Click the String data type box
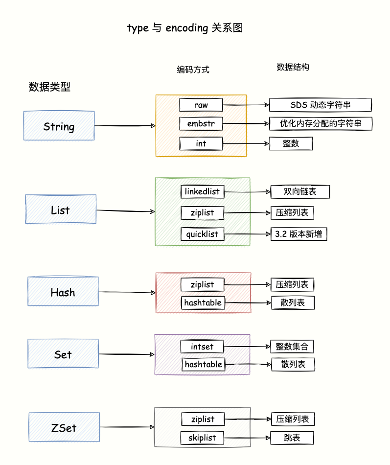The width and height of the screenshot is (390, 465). point(59,126)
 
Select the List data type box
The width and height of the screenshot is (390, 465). point(61,209)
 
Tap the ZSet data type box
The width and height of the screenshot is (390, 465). point(64,427)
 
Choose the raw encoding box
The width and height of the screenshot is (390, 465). point(201,105)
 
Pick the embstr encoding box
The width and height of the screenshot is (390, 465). point(201,124)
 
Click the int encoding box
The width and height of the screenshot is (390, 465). point(201,143)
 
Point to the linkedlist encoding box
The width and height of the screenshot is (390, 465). point(202,191)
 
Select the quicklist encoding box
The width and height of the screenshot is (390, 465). point(202,234)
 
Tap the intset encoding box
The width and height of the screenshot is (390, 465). point(203,347)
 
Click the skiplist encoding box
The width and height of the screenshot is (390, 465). point(202,438)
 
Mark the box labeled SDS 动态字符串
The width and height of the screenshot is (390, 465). point(321,105)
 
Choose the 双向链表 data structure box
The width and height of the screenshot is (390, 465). point(300,191)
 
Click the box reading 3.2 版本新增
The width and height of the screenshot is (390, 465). point(298,234)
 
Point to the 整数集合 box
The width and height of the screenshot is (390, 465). point(292,347)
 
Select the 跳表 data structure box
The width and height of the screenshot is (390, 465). point(292,438)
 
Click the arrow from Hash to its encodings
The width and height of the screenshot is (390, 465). point(127,293)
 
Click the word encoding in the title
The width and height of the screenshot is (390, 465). point(187,28)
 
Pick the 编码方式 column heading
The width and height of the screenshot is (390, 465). point(193,70)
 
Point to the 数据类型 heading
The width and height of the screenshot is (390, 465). point(49,87)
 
